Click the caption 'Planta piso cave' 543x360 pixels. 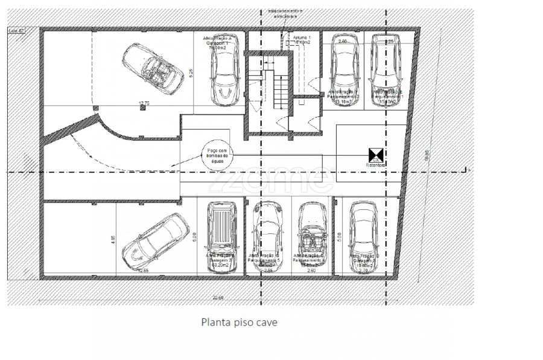click(x=239, y=323)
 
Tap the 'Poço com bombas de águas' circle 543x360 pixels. click(x=215, y=157)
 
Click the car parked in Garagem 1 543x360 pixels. click(x=227, y=69)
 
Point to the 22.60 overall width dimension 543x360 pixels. click(x=218, y=297)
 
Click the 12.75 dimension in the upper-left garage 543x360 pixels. click(x=144, y=103)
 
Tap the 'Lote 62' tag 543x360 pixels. click(x=16, y=30)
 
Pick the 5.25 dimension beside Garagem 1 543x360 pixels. click(x=191, y=71)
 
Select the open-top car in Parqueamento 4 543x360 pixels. click(x=312, y=232)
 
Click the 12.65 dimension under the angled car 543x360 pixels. click(x=144, y=271)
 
